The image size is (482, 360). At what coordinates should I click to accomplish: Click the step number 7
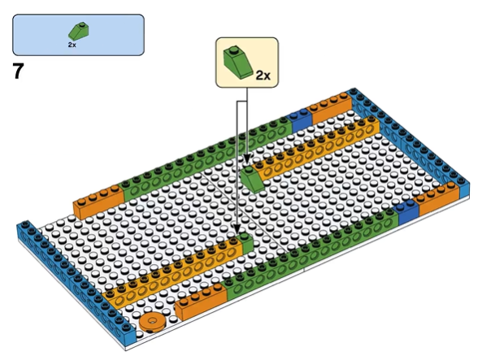[18, 71]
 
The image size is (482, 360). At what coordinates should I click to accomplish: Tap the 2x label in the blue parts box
[72, 45]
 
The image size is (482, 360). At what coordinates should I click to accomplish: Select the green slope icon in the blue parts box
[78, 32]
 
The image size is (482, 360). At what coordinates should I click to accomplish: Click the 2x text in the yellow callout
[263, 75]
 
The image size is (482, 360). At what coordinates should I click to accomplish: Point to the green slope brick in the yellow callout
[237, 63]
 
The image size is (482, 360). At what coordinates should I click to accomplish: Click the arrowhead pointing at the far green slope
[247, 159]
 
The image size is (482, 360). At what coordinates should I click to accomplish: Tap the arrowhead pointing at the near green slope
[237, 228]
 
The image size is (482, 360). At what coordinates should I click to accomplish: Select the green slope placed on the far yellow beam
[252, 179]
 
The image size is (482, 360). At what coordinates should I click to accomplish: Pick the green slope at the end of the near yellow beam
[245, 242]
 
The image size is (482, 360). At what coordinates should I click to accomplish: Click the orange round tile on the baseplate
[152, 322]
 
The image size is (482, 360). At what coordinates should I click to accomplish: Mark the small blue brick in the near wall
[407, 211]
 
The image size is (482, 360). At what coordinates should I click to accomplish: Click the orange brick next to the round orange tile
[201, 301]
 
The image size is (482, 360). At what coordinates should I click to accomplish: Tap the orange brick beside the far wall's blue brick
[331, 106]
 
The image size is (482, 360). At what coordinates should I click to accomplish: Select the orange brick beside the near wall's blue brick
[436, 197]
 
